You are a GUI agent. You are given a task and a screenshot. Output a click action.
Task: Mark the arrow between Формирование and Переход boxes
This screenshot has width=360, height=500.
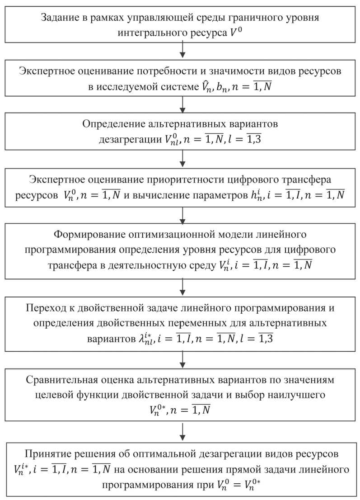pos(182,286)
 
